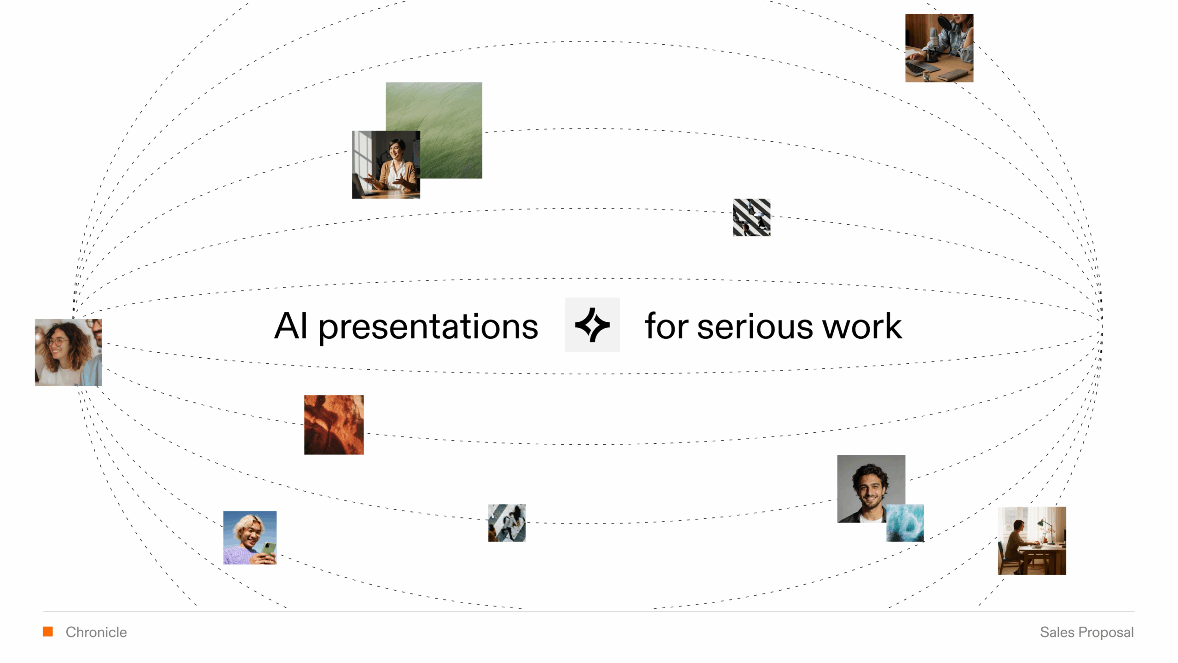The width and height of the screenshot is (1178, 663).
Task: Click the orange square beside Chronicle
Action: click(x=48, y=632)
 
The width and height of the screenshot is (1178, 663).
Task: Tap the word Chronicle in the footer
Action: click(x=96, y=632)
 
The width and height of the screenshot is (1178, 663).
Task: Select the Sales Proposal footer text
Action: click(x=1087, y=633)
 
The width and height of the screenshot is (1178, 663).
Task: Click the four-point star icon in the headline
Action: click(x=592, y=325)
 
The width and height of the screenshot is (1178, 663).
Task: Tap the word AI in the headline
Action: click(x=291, y=326)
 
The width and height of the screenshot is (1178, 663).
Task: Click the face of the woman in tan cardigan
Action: click(x=394, y=150)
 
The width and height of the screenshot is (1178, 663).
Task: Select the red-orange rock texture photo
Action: click(x=334, y=425)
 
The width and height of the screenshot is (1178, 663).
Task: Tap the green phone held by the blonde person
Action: click(x=269, y=549)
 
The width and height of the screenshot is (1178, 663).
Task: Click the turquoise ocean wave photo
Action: click(x=905, y=523)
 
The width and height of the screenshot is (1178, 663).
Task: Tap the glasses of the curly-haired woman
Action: click(x=56, y=342)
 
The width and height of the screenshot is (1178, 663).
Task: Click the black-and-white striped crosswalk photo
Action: click(x=751, y=217)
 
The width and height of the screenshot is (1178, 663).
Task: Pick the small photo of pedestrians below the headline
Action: click(x=507, y=523)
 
